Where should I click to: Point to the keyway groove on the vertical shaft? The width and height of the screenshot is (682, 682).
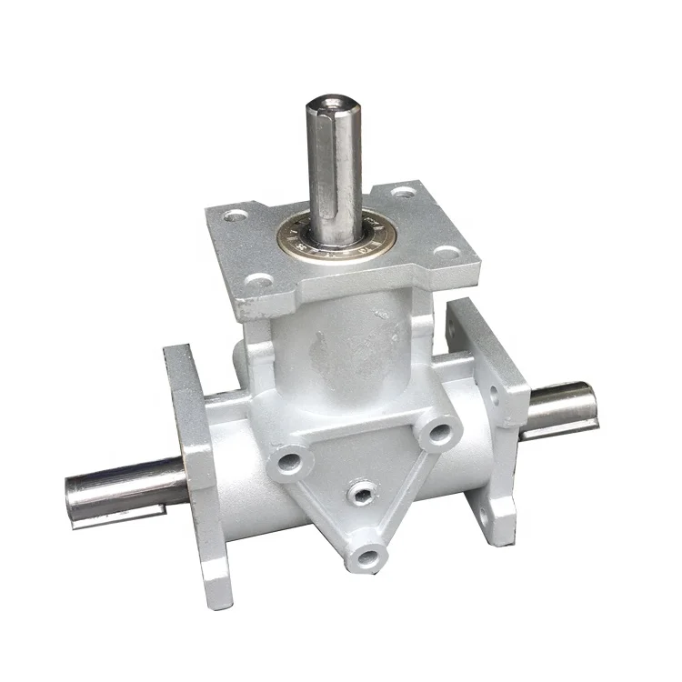(x=340, y=173)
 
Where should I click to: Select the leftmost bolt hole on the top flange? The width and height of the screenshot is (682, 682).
(x=236, y=217)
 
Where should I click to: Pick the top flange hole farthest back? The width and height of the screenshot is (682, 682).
(x=404, y=193)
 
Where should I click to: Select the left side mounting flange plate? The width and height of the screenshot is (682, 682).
(x=193, y=455)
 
